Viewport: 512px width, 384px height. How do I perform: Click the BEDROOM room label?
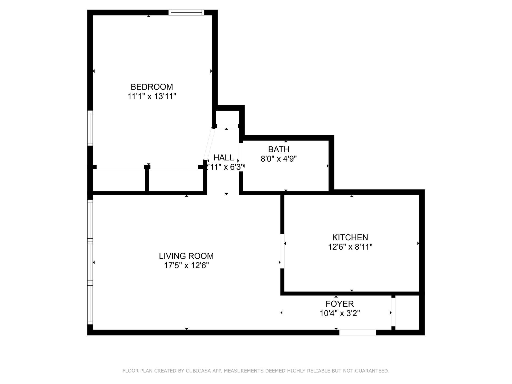[x=151, y=87]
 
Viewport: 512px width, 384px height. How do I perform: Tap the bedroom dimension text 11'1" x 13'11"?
[x=151, y=96]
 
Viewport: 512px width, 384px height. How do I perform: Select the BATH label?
[x=279, y=149]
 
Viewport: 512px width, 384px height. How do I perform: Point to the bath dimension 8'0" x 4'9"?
[x=279, y=159]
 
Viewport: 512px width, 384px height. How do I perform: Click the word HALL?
[x=223, y=158]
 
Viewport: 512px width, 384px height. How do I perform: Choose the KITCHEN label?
[x=350, y=237]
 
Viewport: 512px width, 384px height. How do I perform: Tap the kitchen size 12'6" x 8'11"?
[x=350, y=247]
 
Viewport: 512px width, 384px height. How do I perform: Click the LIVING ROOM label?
[x=186, y=256]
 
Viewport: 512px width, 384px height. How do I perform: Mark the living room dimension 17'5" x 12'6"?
[x=186, y=266]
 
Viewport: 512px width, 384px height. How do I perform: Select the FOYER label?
[x=339, y=304]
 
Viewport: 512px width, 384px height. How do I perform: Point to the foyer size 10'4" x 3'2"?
[x=339, y=313]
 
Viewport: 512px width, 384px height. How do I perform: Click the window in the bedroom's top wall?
[x=186, y=12]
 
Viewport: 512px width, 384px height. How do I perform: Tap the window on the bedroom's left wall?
[x=90, y=128]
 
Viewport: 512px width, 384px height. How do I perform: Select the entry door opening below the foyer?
[x=357, y=332]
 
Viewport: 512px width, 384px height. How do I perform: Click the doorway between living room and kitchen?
[x=282, y=251]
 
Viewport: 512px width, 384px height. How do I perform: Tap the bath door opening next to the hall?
[x=241, y=157]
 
